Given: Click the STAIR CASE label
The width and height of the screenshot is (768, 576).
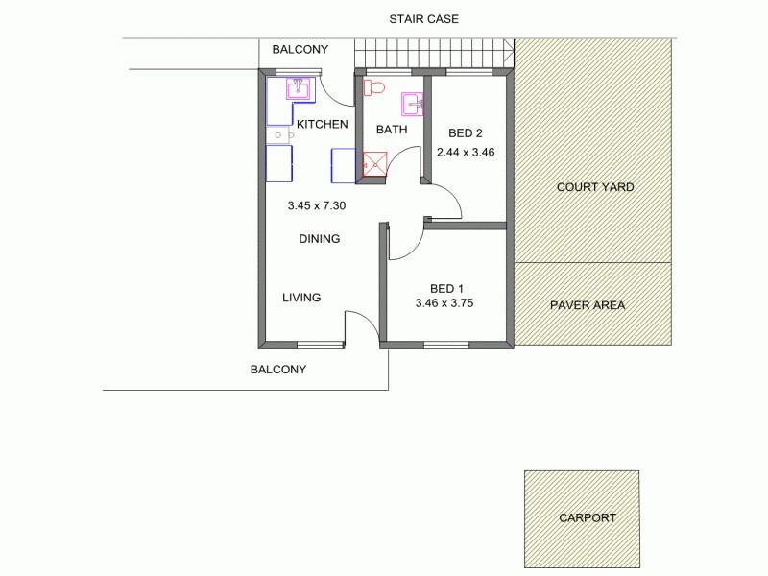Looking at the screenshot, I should pos(423,18).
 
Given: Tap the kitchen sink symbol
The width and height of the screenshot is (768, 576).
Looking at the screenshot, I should pos(298,91).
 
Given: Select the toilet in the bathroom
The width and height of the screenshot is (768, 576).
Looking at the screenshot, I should pos(373,88).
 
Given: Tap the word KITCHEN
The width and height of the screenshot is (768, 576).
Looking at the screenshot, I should pos(322,125).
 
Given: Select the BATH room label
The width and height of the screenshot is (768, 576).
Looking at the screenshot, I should pos(392,130).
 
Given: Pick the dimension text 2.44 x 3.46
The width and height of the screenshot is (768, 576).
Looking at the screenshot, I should pos(465,152).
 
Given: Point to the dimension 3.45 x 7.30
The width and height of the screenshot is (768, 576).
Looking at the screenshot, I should pos(316,205).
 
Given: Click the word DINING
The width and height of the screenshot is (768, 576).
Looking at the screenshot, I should pos(319,239).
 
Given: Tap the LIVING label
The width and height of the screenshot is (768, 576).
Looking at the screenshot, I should pos(301,298).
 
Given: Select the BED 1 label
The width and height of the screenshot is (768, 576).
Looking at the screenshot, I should pos(446,288).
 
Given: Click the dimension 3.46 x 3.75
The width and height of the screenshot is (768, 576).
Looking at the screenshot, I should pos(444,303).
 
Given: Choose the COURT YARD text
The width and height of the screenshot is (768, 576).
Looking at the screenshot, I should pos(595,187).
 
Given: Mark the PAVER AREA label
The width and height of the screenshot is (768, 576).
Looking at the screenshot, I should pos(588,305).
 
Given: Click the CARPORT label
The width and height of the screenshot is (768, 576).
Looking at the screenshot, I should pos(588,517).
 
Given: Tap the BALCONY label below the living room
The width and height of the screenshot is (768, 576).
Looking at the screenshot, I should pos(277,370).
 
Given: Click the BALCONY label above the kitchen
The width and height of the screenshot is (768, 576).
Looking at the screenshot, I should pos(300,50).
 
